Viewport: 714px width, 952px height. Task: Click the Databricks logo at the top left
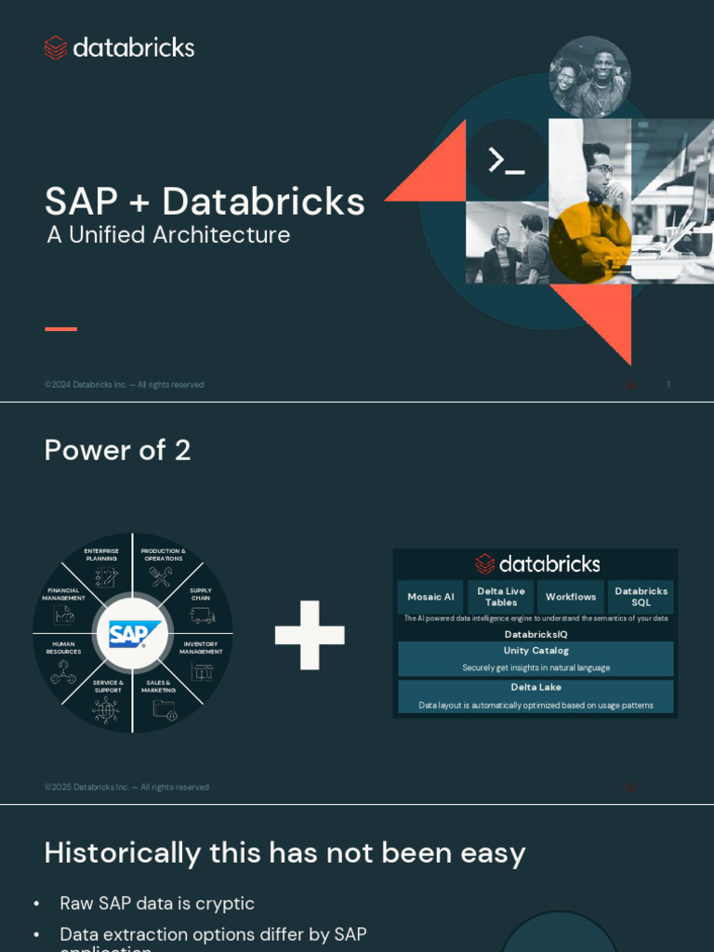(x=119, y=47)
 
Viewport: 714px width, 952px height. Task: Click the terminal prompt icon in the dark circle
(x=507, y=160)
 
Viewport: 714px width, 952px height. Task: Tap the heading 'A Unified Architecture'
(x=168, y=235)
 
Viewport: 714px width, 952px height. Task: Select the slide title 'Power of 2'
(x=117, y=450)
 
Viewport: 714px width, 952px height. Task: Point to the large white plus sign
(x=310, y=635)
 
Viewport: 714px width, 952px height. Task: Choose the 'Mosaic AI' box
(x=430, y=597)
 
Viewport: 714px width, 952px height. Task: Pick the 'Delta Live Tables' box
(x=501, y=597)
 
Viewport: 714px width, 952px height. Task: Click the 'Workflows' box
(x=571, y=597)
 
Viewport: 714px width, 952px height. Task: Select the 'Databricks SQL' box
(x=641, y=597)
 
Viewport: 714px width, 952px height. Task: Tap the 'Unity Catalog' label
(x=535, y=651)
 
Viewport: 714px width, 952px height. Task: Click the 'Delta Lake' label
(x=535, y=687)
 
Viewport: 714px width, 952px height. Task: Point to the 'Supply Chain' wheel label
(x=201, y=594)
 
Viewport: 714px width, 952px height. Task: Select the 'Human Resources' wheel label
(x=63, y=648)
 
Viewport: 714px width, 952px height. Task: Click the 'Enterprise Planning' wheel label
(x=101, y=555)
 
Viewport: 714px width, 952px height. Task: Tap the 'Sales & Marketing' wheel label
(x=159, y=686)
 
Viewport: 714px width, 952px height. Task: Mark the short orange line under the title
(x=60, y=328)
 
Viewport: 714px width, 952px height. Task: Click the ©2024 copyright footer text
(x=124, y=385)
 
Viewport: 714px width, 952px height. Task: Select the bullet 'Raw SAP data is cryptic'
(x=157, y=904)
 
